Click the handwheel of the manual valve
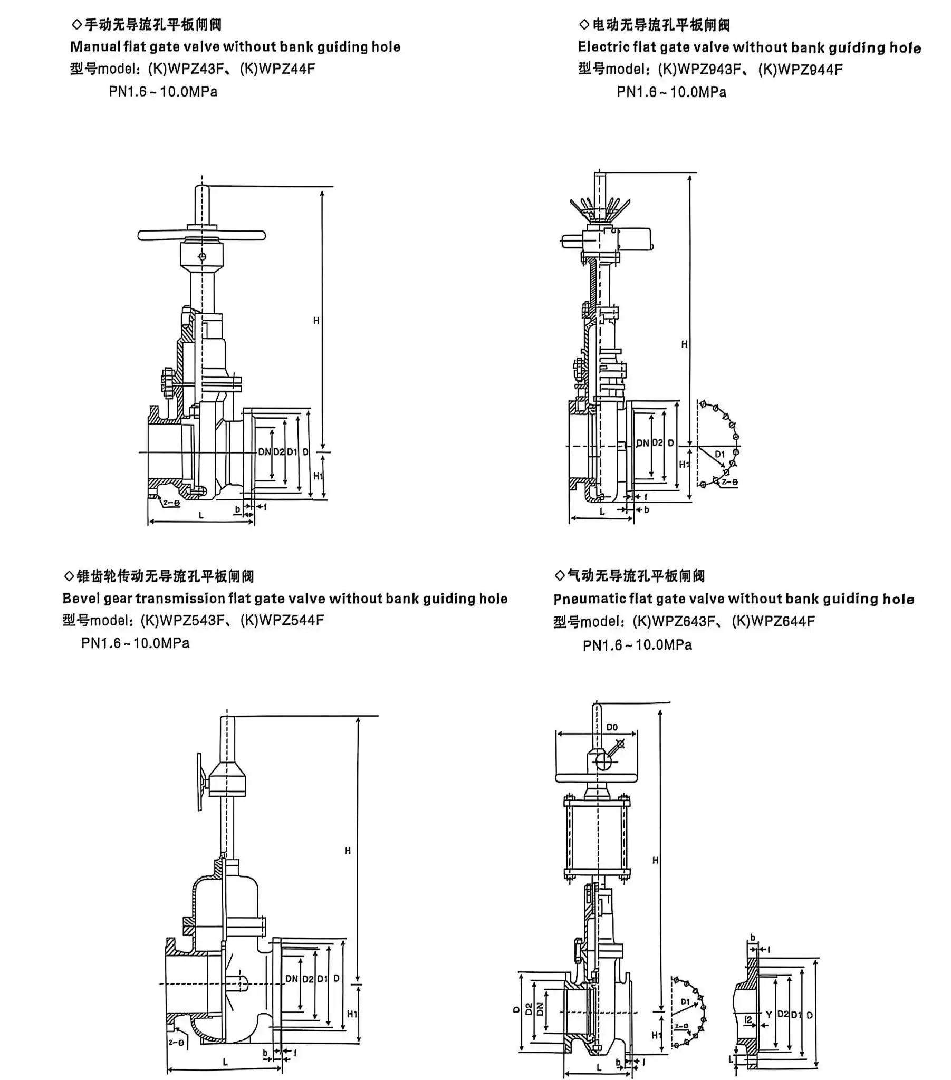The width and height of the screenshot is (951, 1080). (201, 235)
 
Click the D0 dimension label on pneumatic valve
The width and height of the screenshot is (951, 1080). (612, 728)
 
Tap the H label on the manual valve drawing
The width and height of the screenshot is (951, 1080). (316, 321)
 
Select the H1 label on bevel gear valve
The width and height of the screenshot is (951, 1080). (352, 1014)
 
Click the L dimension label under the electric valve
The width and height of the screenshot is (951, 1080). (602, 512)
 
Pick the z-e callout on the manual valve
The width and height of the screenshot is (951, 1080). (171, 503)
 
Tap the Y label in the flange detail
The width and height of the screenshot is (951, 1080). (769, 1015)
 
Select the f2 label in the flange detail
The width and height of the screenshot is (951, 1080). (748, 1019)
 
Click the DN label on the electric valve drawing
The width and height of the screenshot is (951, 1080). (642, 443)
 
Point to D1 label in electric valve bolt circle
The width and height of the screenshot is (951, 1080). (719, 455)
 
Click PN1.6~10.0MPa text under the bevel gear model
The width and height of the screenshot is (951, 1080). (136, 643)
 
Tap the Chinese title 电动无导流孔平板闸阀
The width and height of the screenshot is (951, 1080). (661, 24)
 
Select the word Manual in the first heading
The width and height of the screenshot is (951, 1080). (95, 47)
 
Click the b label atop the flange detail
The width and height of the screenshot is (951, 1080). (753, 937)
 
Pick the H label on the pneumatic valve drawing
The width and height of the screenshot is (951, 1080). (655, 860)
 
